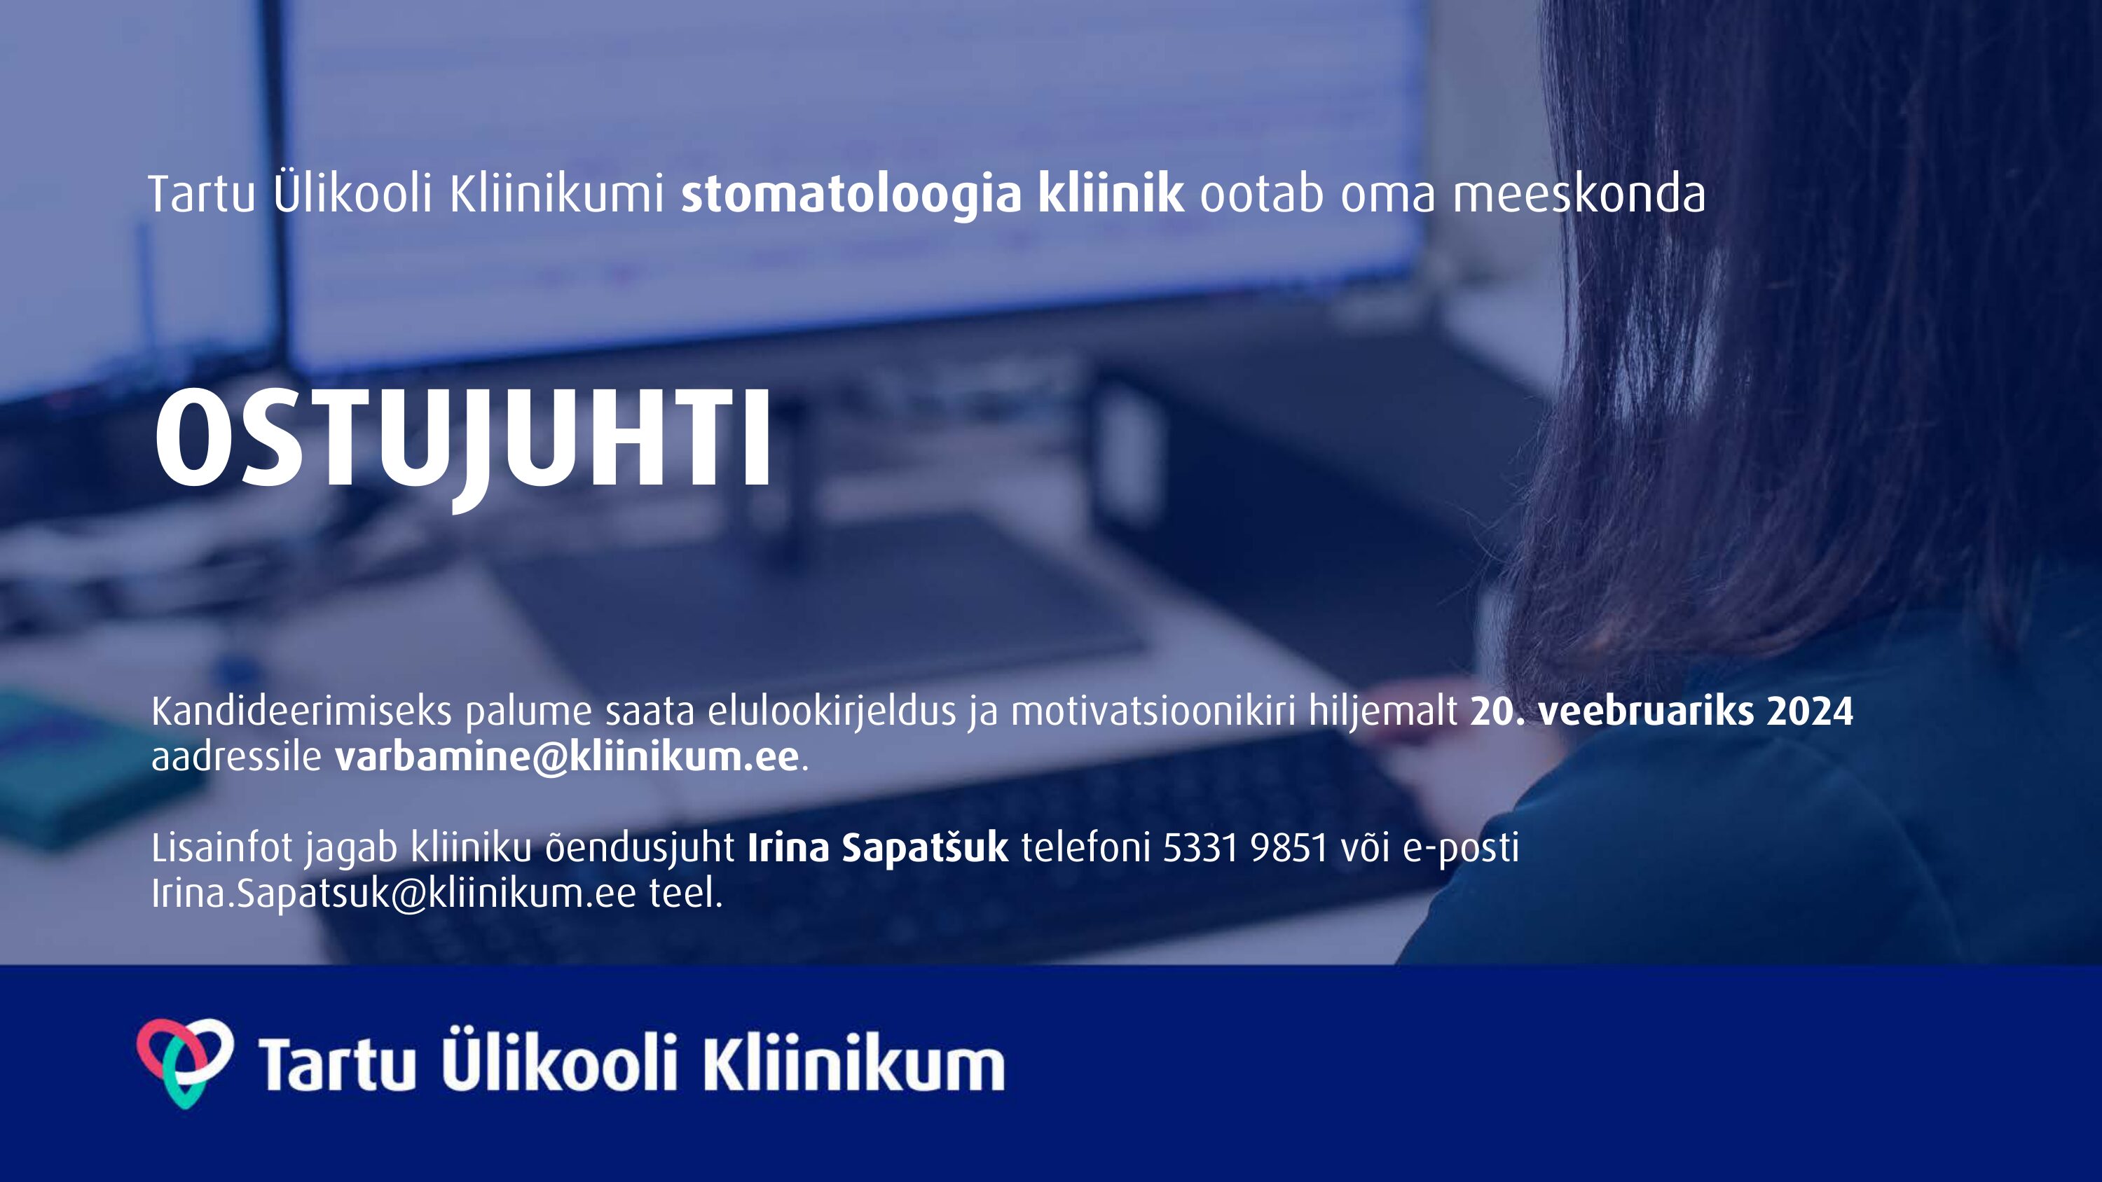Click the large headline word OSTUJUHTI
462,444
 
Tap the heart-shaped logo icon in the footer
185,1063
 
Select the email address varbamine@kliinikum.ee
566,757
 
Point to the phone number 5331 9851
1245,847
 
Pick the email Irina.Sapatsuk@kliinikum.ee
393,894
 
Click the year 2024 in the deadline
1810,711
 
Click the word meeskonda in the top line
1578,195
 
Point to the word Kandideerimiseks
301,711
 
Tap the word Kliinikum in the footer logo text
853,1063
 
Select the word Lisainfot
222,847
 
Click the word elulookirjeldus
832,711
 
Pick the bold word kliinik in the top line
1111,194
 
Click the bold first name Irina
788,847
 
